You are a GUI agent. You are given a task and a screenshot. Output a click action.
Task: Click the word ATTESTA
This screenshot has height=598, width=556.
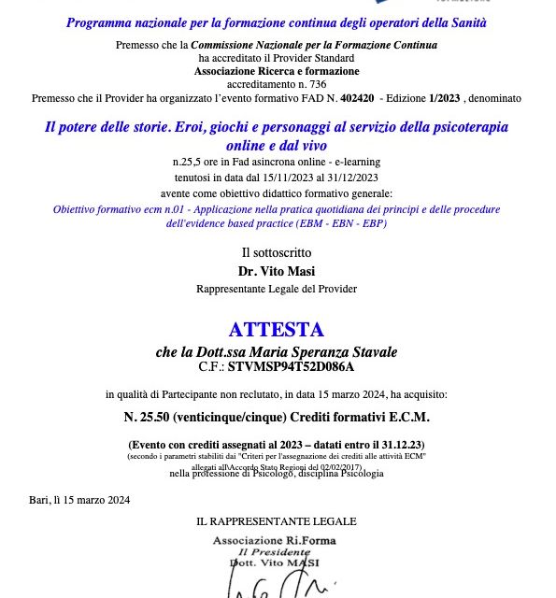(x=277, y=330)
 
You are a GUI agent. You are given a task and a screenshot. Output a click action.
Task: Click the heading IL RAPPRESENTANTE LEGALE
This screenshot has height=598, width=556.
(x=277, y=521)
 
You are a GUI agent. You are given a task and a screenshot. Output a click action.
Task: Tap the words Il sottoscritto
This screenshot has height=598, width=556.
(x=277, y=253)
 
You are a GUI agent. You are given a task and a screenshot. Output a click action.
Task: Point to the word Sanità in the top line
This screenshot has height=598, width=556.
(x=463, y=21)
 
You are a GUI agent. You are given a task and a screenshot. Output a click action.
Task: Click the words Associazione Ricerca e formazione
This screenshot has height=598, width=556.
(x=277, y=71)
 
